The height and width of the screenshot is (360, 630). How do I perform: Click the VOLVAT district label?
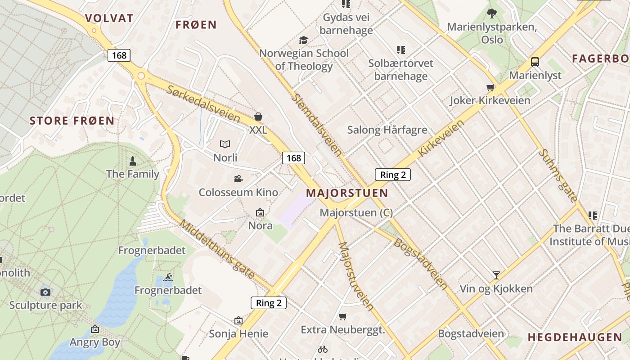pos(109,18)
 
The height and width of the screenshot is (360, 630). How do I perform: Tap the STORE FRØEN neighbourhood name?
pos(72,121)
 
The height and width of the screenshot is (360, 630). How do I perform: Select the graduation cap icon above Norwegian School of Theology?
pos(304,40)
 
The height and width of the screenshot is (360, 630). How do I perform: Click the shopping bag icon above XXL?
pos(258,117)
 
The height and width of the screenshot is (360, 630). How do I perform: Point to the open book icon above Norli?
pos(225,144)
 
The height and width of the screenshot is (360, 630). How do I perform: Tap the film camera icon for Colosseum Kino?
pos(238,179)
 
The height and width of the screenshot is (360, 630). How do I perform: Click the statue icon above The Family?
pos(133,160)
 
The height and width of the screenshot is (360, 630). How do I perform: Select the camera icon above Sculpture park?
pos(45,292)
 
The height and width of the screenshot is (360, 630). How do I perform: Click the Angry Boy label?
pos(94,342)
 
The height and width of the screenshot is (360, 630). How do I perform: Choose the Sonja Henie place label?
pos(238,334)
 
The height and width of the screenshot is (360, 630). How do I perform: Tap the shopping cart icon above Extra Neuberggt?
pos(343,316)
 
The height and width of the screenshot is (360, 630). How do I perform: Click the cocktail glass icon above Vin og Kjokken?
pos(496,275)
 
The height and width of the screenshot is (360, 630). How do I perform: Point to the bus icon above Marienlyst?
pos(535,62)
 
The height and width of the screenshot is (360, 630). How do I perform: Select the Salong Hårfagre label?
pos(387,130)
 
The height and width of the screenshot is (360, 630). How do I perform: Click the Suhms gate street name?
pos(558,175)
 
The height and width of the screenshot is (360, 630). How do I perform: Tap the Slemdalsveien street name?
pos(317,124)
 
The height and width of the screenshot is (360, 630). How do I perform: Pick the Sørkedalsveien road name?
pos(203,104)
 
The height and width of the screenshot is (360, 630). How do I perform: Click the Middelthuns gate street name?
pos(217,248)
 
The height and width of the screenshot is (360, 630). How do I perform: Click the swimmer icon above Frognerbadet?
pos(168,277)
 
